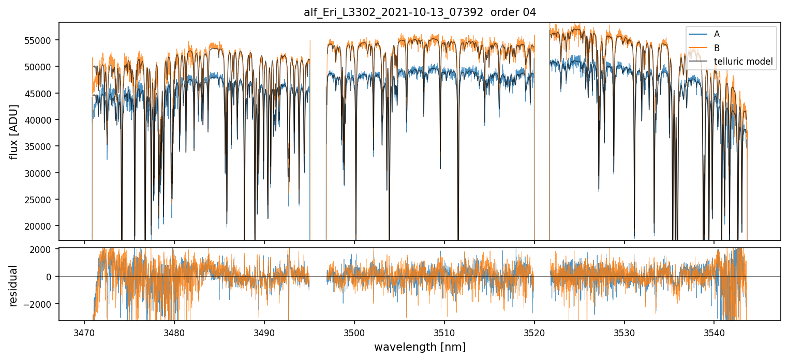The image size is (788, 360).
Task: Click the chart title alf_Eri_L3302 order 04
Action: click(420, 12)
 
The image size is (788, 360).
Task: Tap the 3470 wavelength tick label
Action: click(84, 331)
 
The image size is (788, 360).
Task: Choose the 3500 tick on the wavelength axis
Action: click(354, 331)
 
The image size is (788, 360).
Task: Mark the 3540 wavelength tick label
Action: click(714, 331)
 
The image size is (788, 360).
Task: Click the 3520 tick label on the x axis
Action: click(534, 331)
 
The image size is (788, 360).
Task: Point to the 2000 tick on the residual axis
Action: click(46, 249)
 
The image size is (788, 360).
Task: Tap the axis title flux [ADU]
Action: click(13, 131)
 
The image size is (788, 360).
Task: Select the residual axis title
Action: click(13, 286)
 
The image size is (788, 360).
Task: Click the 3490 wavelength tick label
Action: click(264, 331)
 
